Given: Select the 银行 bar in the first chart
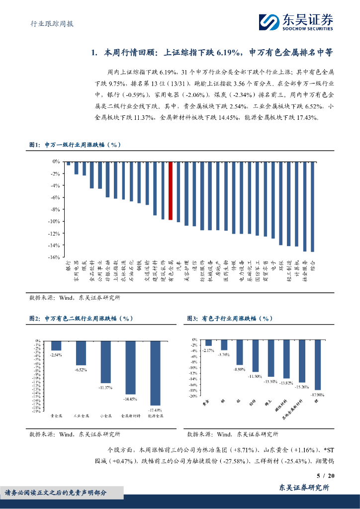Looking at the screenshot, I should pyautogui.click(x=68, y=164).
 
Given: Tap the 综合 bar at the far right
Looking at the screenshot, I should pyautogui.click(x=312, y=206).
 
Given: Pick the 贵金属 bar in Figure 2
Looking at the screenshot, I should pyautogui.click(x=56, y=346).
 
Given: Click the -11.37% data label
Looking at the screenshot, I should pyautogui.click(x=105, y=387).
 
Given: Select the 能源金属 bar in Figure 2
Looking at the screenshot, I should pyautogui.click(x=155, y=373).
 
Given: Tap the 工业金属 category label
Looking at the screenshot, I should pyautogui.click(x=81, y=416).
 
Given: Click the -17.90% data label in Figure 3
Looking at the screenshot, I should pyautogui.click(x=317, y=395).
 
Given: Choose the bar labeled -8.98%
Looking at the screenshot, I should pyautogui.click(x=240, y=353).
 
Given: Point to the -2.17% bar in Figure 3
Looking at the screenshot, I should pyautogui.click(x=208, y=343).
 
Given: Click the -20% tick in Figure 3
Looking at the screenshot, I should pyautogui.click(x=193, y=396).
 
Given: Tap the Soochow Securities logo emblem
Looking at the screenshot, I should pyautogui.click(x=269, y=22).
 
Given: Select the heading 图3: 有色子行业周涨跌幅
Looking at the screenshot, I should pyautogui.click(x=230, y=318).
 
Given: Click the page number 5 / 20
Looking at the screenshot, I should pyautogui.click(x=326, y=476).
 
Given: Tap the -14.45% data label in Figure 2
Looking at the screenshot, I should pyautogui.click(x=130, y=399).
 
